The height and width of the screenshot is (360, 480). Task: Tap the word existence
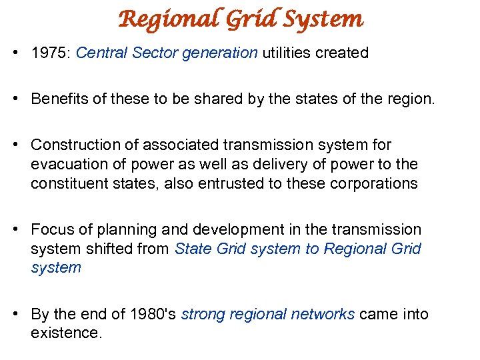tap(66, 332)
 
